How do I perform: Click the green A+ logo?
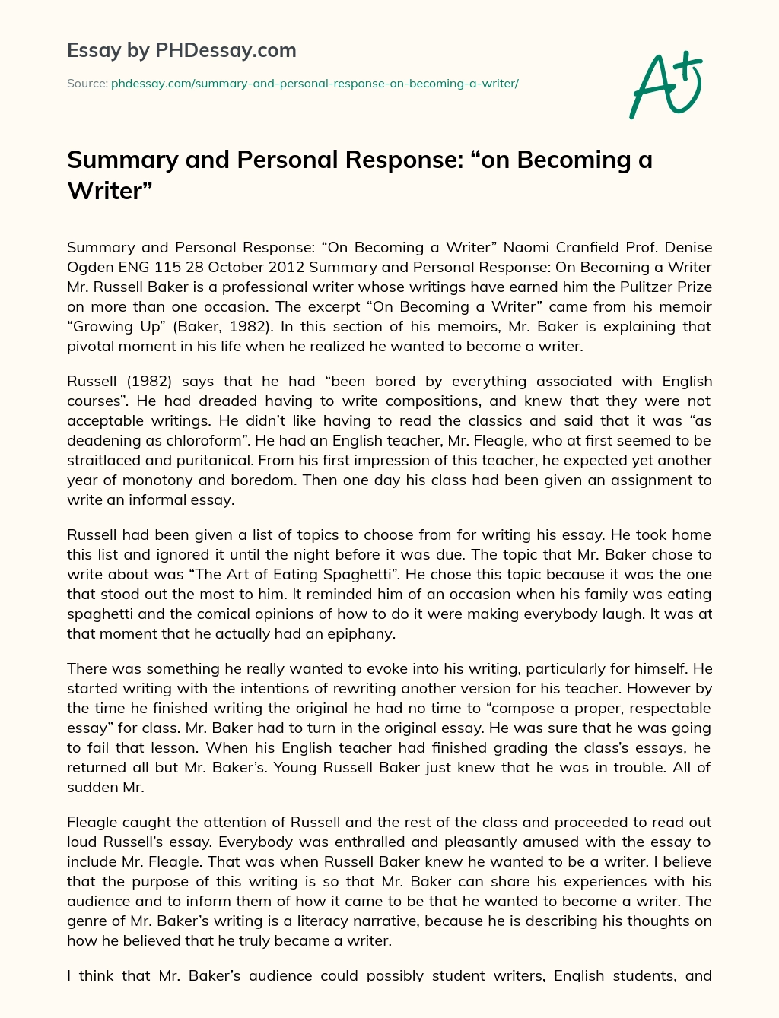point(665,84)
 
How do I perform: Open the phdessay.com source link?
point(314,84)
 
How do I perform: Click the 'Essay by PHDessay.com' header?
point(182,51)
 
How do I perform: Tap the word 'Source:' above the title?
point(87,84)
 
